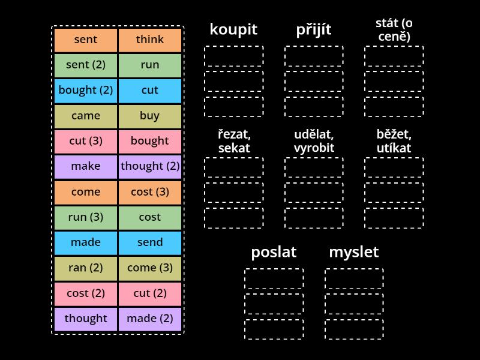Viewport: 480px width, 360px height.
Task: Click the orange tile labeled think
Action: [150, 40]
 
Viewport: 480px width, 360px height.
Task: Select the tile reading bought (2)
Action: [86, 91]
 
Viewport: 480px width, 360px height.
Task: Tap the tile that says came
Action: [86, 116]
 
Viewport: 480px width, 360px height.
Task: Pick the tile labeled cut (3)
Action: [86, 141]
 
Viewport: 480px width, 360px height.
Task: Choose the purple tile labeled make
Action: [86, 166]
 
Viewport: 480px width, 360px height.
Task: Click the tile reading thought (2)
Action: [150, 166]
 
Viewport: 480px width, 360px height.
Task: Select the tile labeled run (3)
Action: [86, 217]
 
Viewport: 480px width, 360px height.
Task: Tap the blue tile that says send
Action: [150, 242]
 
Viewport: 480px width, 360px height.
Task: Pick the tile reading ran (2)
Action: [86, 268]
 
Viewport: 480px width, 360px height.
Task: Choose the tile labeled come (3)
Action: [150, 268]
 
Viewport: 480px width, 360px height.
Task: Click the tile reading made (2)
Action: [150, 319]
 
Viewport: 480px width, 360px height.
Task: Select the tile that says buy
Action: [150, 116]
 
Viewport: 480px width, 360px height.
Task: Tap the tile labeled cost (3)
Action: [150, 192]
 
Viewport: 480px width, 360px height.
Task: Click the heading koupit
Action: [233, 29]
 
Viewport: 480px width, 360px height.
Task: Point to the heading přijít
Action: [314, 29]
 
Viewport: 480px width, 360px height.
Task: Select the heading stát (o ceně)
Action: [394, 30]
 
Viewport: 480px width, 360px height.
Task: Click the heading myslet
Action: [354, 252]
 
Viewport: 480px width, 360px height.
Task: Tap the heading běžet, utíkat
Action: [394, 141]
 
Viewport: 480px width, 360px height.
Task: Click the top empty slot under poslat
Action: [274, 278]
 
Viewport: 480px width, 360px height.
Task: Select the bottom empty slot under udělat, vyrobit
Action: [314, 218]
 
